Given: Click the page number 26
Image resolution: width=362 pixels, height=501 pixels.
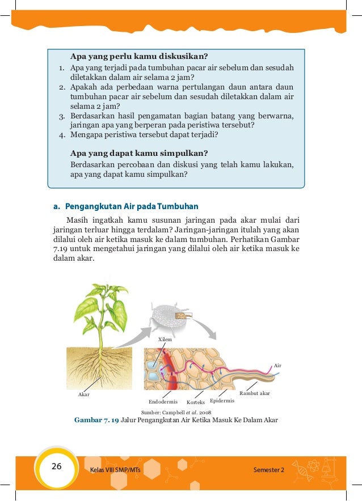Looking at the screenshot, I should click(56, 466).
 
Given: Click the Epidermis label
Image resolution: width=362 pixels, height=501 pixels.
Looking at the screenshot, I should click(222, 401).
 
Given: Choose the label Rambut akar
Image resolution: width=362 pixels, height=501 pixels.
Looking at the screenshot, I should click(255, 393).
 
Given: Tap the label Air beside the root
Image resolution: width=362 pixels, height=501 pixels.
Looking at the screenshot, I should click(277, 366).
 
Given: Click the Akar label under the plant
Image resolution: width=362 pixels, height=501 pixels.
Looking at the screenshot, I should click(83, 394).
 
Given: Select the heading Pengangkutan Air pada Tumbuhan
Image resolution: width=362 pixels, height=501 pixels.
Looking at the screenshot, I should click(132, 206).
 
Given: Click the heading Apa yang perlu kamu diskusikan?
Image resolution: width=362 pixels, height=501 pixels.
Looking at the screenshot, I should click(139, 56).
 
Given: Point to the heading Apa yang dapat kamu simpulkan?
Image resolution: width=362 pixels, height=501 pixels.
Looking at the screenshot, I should click(138, 153).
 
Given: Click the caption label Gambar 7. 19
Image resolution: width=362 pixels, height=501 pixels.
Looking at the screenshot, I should click(96, 420).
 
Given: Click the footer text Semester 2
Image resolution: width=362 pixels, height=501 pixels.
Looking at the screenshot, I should click(270, 470).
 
